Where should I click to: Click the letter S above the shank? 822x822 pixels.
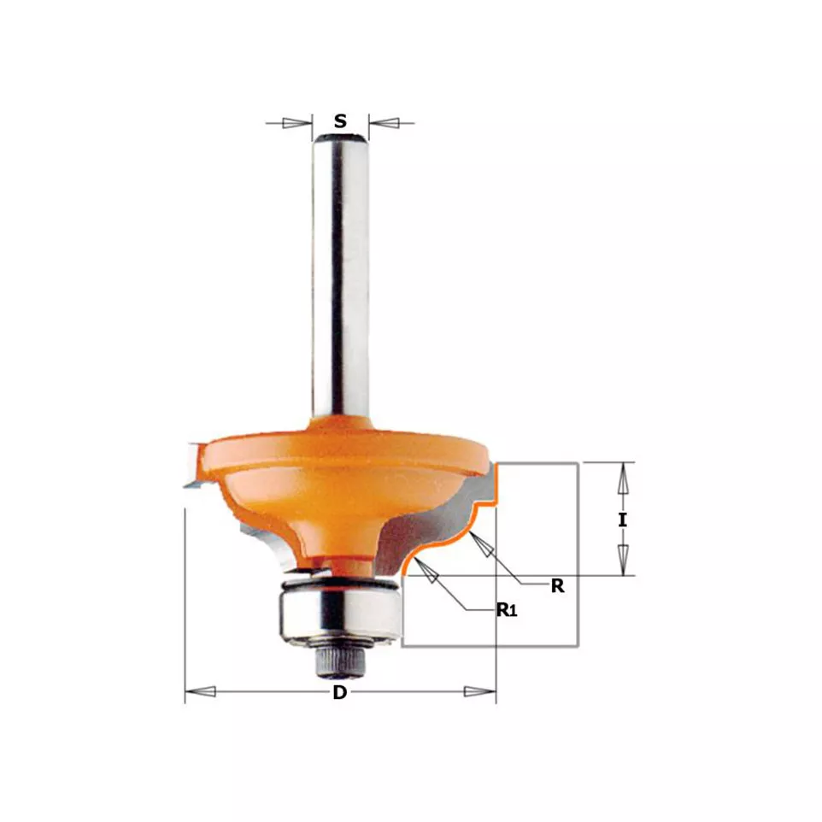[340, 121]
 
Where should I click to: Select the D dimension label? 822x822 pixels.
[340, 692]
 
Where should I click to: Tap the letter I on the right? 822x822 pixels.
[622, 520]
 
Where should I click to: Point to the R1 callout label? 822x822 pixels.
[507, 610]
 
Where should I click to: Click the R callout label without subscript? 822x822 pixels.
[557, 585]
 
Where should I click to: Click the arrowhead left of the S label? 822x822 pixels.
[297, 123]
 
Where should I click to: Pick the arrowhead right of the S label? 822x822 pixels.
[384, 123]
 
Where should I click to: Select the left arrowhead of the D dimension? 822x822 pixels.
[200, 692]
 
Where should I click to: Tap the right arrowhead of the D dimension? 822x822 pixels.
[479, 692]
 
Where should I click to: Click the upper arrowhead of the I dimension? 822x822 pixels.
[622, 479]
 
